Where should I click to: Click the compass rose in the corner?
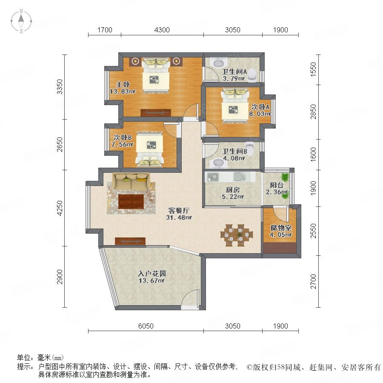point(21,21)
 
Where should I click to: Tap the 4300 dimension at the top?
point(162,30)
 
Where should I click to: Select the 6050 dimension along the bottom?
point(146,326)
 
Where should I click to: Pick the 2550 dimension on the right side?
point(313,231)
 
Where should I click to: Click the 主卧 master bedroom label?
point(123,85)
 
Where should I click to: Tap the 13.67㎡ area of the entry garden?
point(151,281)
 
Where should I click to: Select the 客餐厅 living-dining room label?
point(179,210)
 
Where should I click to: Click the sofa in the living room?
point(131,181)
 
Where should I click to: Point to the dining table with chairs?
point(237,235)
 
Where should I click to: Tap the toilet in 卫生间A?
point(252,74)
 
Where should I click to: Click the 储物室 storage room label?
point(281,228)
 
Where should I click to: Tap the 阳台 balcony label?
point(277,185)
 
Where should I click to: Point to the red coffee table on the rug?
point(131,201)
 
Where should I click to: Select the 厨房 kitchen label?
point(232,189)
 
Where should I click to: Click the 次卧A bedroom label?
point(260,107)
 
